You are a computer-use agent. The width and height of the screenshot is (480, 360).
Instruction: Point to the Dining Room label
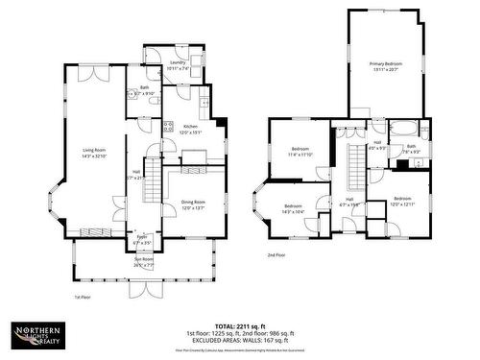(193, 204)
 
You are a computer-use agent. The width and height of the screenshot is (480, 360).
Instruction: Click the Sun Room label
(142, 261)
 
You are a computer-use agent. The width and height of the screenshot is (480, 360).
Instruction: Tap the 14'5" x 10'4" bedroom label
(292, 208)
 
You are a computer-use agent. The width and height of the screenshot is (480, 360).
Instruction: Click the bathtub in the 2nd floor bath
(406, 128)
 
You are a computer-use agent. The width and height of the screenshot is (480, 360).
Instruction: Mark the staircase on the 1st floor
(154, 184)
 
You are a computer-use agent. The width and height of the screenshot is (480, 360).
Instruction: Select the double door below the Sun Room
(144, 289)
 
